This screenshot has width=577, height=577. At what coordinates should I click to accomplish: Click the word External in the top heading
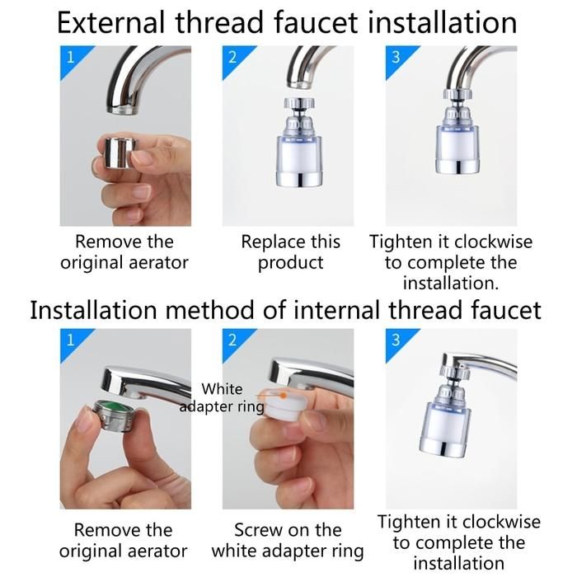tap(110, 23)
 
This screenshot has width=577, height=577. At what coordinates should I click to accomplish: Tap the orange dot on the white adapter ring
tap(284, 396)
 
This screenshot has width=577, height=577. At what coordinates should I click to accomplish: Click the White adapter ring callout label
tap(222, 398)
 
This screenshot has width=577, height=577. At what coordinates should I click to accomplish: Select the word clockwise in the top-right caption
tap(493, 242)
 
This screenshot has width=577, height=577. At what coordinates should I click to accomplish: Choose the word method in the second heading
tap(209, 310)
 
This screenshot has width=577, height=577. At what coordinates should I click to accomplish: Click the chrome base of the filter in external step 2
tap(299, 179)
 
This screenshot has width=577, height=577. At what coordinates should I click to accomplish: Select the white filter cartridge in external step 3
tap(458, 144)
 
